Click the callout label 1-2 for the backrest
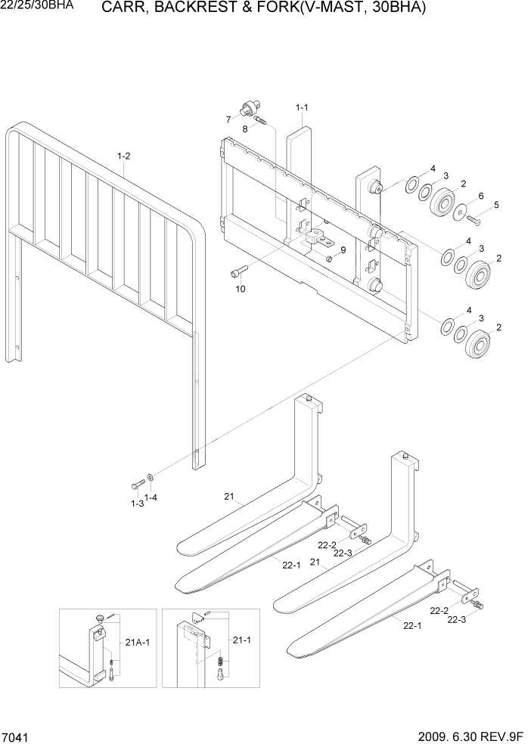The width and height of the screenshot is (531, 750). pos(124,157)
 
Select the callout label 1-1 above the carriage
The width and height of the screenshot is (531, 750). pos(301,107)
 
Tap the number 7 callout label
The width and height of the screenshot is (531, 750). pos(228,119)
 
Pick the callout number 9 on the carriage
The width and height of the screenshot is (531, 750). pos(343,249)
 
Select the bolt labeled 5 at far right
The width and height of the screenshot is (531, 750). pos(474,220)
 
